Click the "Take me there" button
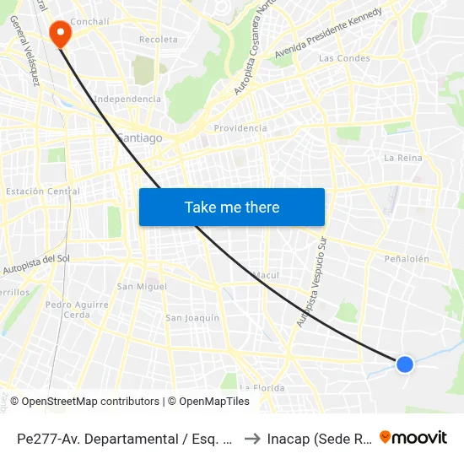(x=232, y=208)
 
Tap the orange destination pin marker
(x=61, y=33)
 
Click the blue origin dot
(x=405, y=364)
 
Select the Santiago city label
(x=139, y=138)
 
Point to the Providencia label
(x=240, y=128)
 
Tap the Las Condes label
(x=344, y=58)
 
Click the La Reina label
(x=402, y=158)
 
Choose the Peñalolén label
(x=407, y=259)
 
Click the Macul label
(x=267, y=275)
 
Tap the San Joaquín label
(x=192, y=318)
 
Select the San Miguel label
(x=142, y=286)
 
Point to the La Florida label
(x=262, y=387)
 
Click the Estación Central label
(x=42, y=192)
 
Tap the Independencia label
(x=127, y=99)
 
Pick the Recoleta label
(x=159, y=40)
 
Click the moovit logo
(x=413, y=438)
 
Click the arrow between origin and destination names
(x=251, y=439)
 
